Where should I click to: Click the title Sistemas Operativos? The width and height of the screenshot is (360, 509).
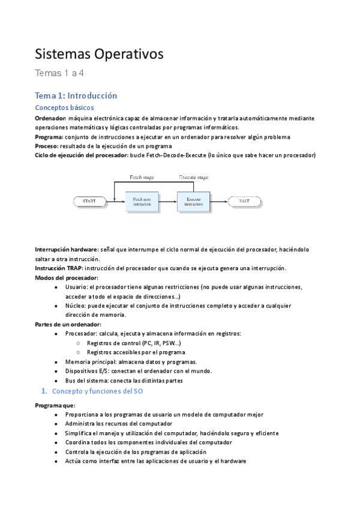pos(99,55)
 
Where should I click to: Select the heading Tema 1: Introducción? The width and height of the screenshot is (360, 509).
pos(76,95)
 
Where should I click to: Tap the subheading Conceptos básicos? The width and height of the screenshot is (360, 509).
pos(64,108)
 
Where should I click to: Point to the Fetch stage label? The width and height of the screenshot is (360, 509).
pos(144,177)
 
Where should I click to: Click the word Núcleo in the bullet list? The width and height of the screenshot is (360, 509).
pos(77,306)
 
